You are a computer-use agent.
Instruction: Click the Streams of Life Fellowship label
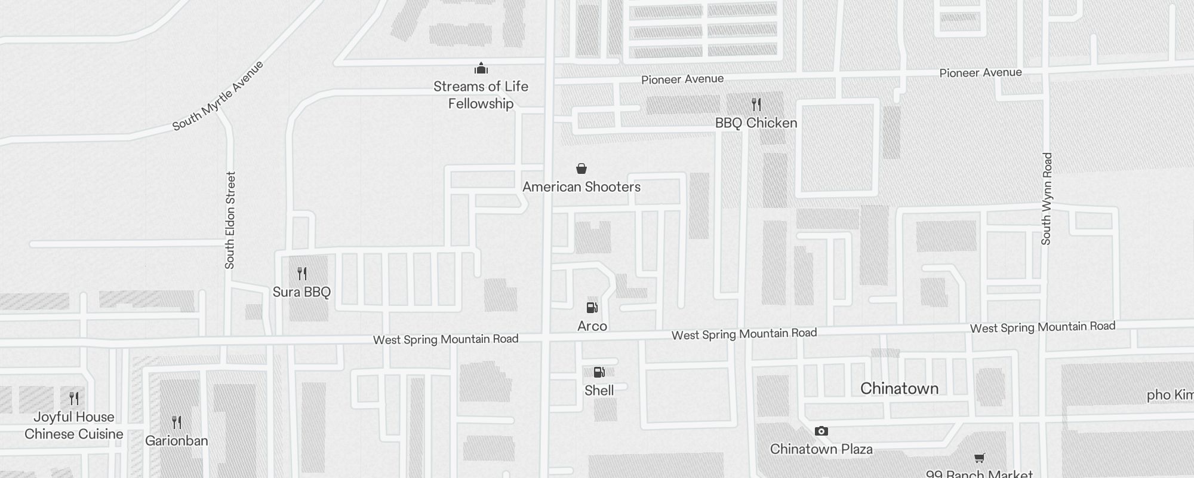tap(481, 95)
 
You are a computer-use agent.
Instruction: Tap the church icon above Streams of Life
tap(481, 68)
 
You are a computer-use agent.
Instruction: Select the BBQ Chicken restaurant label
tap(756, 123)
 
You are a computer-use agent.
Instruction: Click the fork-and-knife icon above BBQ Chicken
tap(756, 105)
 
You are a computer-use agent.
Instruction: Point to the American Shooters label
tap(581, 187)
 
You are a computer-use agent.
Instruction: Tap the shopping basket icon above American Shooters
tap(581, 168)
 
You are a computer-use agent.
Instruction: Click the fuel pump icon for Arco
tap(592, 308)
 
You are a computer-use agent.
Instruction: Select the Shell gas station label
tap(599, 390)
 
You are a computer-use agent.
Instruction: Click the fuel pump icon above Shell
tap(599, 372)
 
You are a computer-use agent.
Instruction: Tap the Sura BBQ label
tap(301, 292)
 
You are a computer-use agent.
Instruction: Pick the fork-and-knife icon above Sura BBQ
tap(302, 274)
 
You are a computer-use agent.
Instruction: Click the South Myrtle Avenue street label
tap(218, 96)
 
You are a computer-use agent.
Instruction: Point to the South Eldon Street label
tap(230, 220)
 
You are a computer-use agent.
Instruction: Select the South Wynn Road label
tap(1047, 198)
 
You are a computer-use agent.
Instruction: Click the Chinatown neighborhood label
tap(899, 388)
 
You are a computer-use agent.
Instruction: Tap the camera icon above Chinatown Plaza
tap(821, 431)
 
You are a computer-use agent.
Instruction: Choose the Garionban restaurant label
tap(177, 441)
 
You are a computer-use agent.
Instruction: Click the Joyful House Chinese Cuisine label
tap(74, 425)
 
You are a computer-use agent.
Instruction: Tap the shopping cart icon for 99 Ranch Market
tap(979, 458)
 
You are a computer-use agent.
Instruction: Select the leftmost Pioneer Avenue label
tap(682, 79)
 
